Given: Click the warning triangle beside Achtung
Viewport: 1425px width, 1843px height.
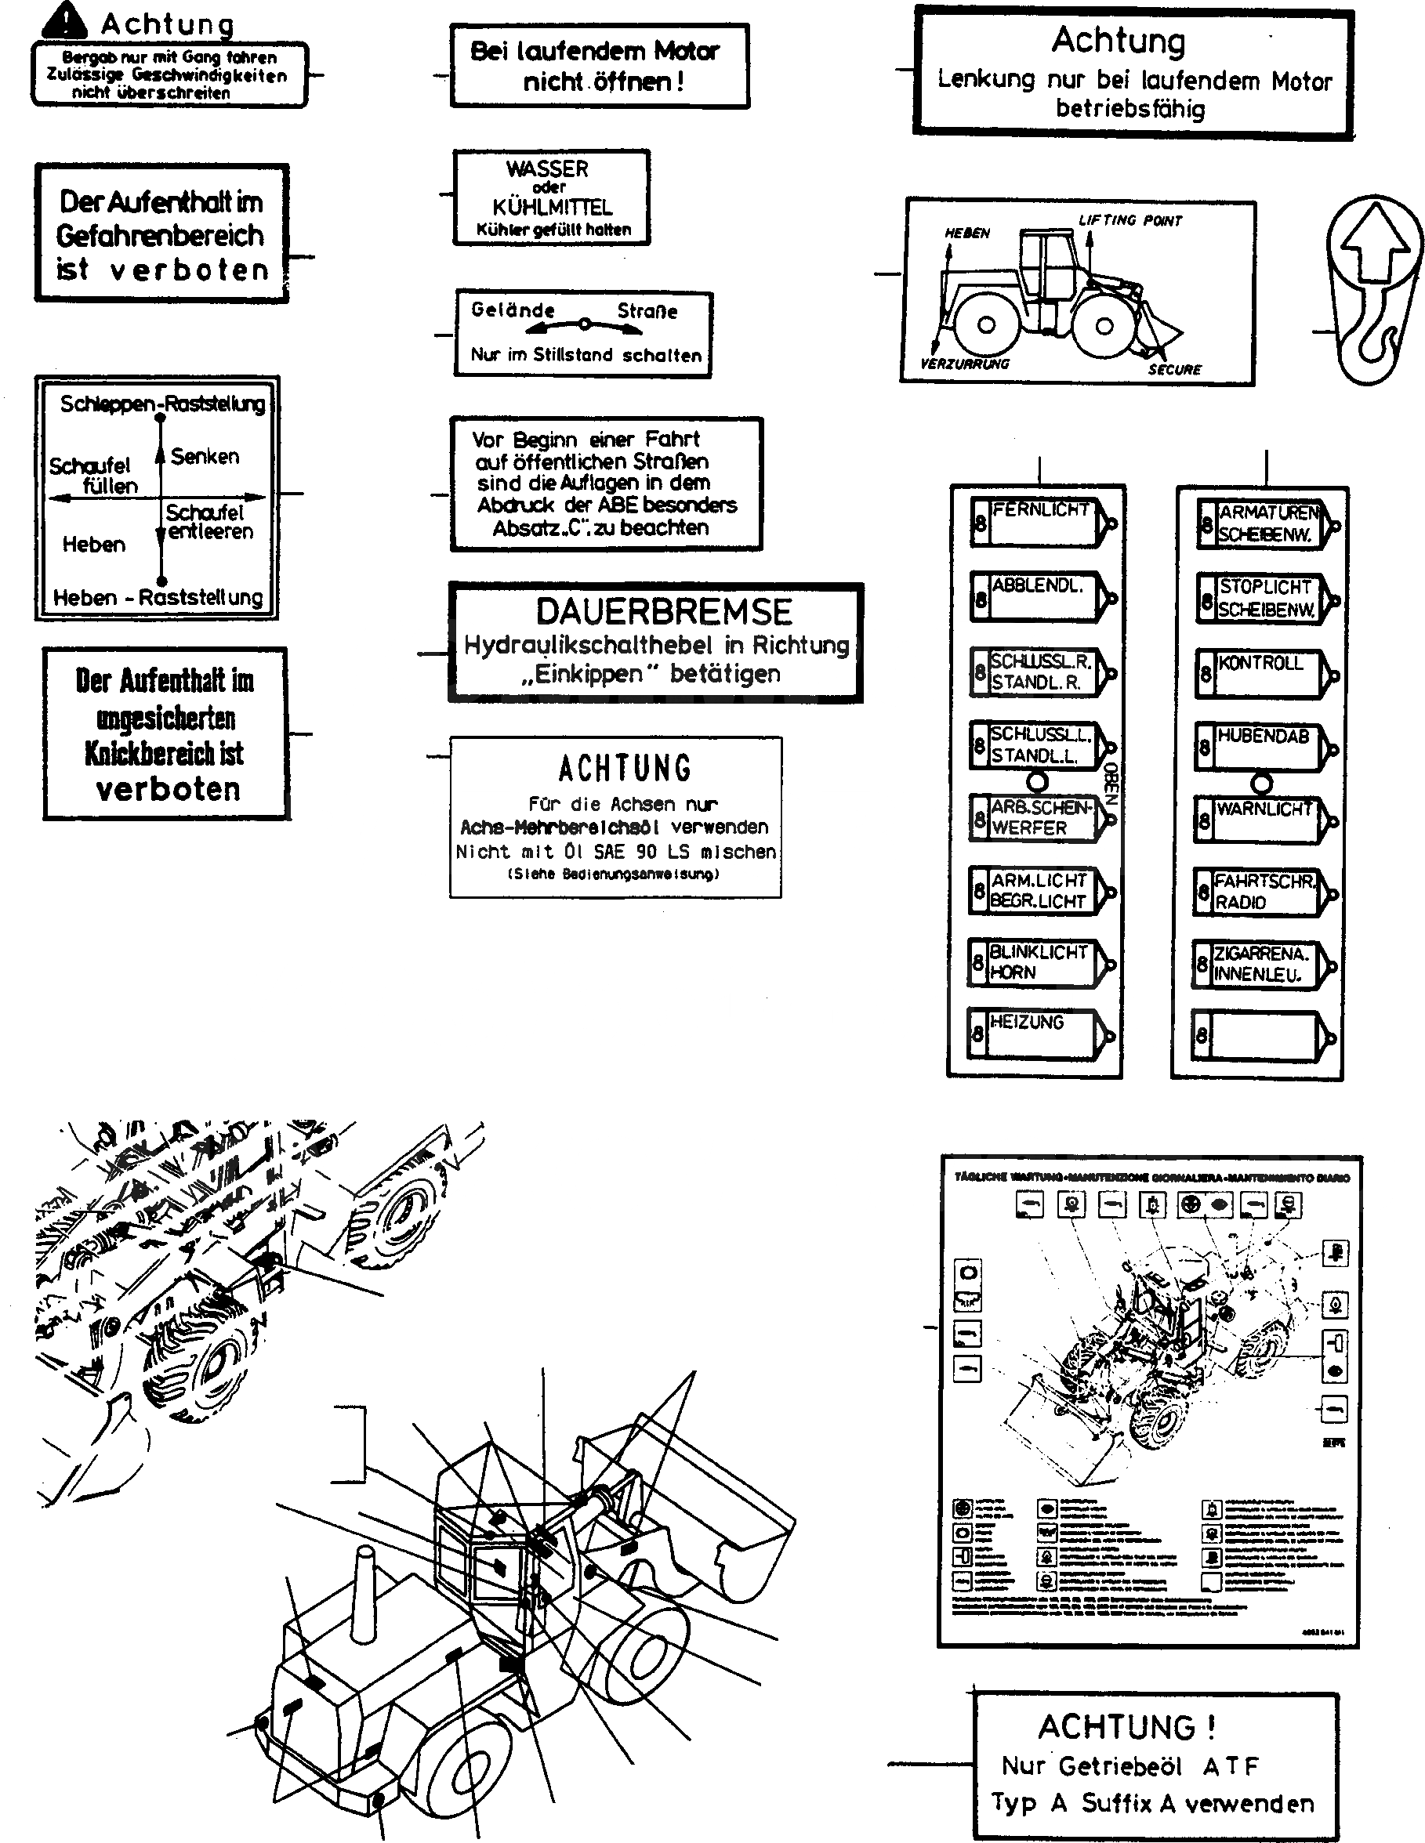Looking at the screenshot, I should (x=63, y=20).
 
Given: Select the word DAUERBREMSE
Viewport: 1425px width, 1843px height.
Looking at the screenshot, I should (x=664, y=612).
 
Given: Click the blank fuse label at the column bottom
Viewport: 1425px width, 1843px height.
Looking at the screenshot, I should (x=1263, y=1036).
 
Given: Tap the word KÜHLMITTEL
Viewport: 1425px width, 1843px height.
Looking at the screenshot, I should (x=552, y=208).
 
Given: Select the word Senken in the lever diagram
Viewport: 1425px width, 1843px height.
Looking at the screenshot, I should (x=205, y=457).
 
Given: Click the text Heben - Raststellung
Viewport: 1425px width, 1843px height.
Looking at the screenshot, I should (x=158, y=597).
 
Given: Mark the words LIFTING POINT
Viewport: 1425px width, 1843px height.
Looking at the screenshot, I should (x=1129, y=221).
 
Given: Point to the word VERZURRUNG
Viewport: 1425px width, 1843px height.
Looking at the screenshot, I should (x=964, y=364).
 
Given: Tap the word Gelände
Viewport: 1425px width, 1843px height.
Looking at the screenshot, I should (x=513, y=310).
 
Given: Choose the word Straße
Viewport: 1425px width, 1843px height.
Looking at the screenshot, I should (x=647, y=310).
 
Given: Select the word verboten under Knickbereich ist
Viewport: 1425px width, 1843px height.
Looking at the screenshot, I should (x=168, y=790).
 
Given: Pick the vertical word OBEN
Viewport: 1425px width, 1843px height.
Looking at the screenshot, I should (x=1110, y=782).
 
